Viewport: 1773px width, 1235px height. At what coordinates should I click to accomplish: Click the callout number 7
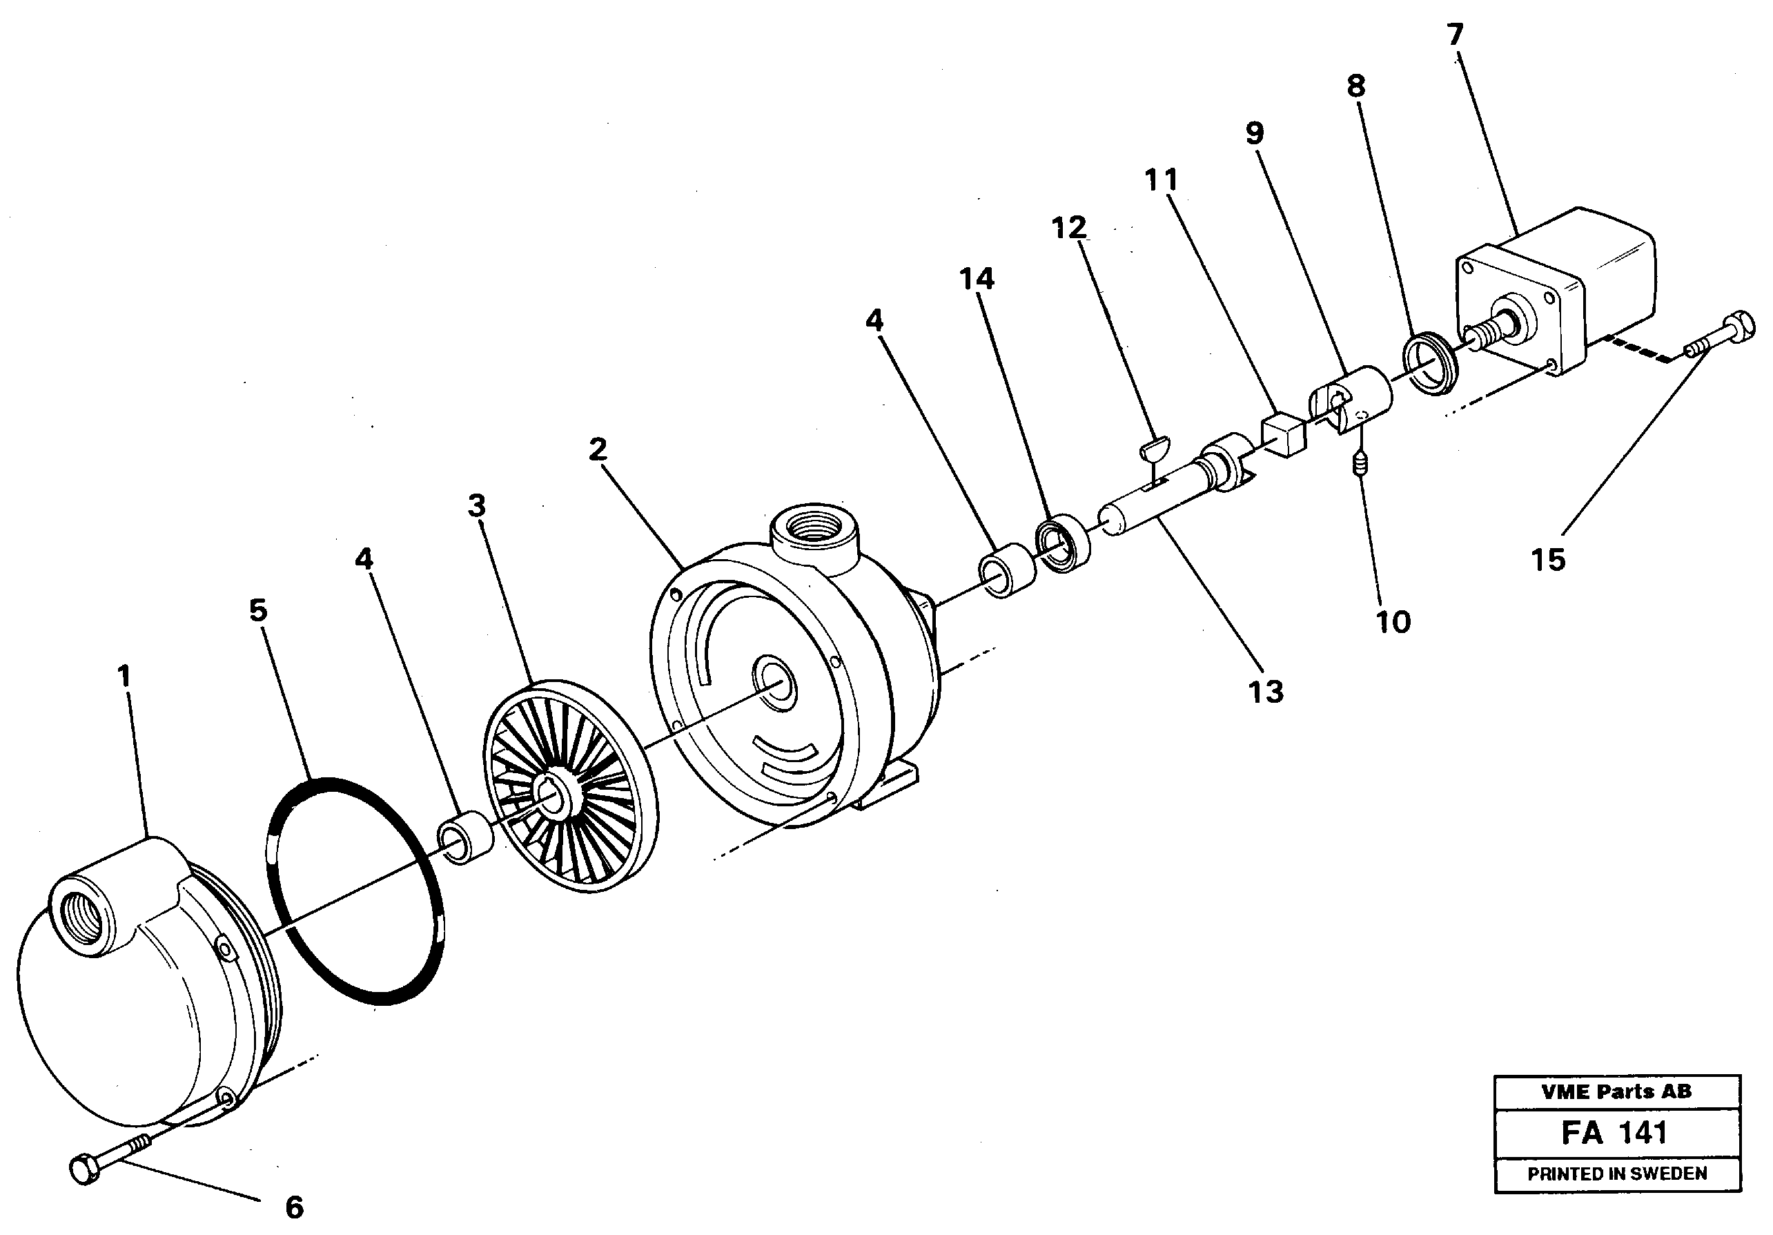point(1456,35)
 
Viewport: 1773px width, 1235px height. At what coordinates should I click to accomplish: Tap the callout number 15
point(1548,560)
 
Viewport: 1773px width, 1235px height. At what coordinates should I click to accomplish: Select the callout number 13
point(1266,692)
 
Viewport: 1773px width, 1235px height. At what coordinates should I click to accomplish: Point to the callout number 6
point(294,1207)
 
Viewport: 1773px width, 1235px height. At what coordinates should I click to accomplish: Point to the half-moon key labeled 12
point(1156,446)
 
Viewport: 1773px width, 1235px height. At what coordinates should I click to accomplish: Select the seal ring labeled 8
point(1428,362)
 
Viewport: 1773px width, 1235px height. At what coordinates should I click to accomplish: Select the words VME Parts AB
point(1616,1091)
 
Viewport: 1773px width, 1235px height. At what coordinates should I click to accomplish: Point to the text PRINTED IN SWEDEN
point(1616,1174)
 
